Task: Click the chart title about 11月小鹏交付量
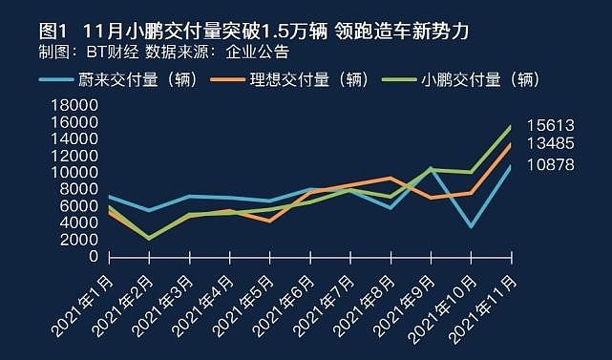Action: (253, 32)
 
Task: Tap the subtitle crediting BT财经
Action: (164, 52)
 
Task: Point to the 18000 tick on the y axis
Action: (74, 105)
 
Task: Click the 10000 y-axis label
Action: (74, 172)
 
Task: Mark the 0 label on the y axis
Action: (94, 257)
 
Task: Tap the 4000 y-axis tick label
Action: (79, 222)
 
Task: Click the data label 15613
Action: (551, 126)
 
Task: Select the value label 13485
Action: (551, 143)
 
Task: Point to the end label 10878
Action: (551, 165)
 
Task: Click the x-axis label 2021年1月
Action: (83, 306)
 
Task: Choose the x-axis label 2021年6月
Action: (284, 306)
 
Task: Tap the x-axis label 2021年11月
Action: (483, 309)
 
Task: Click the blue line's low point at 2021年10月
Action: (472, 227)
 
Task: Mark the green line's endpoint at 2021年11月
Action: (512, 126)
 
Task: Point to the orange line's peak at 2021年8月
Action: (390, 178)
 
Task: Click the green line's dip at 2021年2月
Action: (150, 239)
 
